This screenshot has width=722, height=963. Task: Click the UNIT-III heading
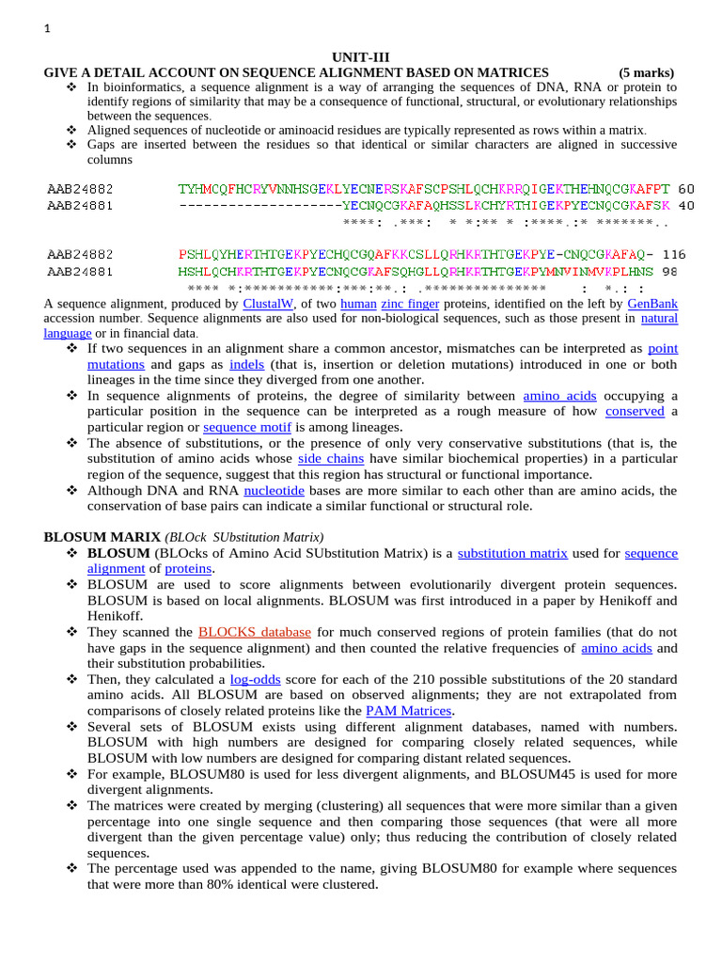pos(360,57)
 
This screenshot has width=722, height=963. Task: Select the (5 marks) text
pos(646,72)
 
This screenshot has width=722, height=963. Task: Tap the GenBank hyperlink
pos(652,305)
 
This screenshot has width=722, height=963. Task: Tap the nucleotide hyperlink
pos(274,490)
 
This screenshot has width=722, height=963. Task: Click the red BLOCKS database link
pos(255,632)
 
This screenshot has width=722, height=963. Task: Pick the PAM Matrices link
pos(409,711)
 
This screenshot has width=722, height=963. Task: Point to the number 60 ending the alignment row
pos(686,188)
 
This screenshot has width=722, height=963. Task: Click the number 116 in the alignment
pos(674,254)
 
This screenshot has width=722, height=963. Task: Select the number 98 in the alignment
pos(669,270)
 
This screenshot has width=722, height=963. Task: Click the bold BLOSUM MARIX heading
pos(102,537)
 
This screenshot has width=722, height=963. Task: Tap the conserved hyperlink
pos(635,411)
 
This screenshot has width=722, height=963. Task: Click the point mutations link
pos(664,348)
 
